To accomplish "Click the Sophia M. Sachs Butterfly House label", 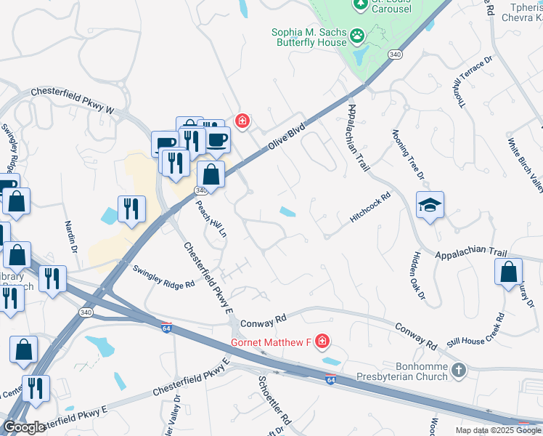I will [308, 38].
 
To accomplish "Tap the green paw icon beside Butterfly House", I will [357, 34].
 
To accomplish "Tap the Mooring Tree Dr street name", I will [407, 154].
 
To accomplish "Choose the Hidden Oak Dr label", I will [418, 278].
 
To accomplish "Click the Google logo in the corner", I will [24, 427].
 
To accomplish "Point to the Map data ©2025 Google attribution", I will [497, 430].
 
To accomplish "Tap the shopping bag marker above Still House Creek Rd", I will [508, 272].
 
